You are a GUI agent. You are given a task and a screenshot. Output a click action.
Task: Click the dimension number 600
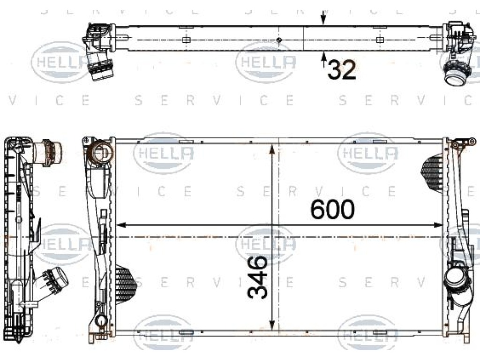pos(332,210)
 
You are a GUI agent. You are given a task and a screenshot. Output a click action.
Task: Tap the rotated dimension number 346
pos(257,277)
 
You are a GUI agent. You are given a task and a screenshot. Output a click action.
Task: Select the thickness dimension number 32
pos(342,70)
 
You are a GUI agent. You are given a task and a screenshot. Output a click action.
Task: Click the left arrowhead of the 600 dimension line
pos(122,225)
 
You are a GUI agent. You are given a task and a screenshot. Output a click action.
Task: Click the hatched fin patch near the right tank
pos(432,172)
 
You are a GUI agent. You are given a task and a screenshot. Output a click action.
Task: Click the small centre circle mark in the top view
pos(278,40)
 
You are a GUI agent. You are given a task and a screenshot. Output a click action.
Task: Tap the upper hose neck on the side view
pos(49,150)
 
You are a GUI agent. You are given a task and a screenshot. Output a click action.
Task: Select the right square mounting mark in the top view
pos(380,40)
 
